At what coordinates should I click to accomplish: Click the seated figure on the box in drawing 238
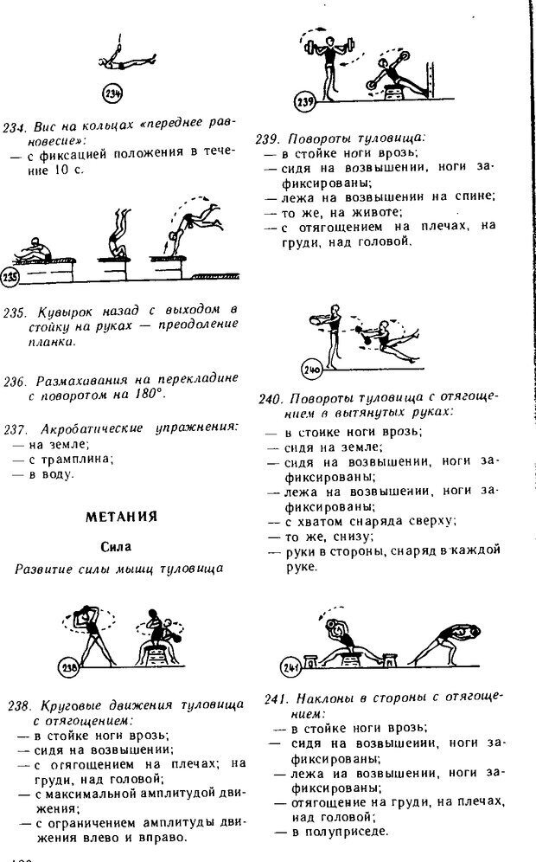[152, 638]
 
